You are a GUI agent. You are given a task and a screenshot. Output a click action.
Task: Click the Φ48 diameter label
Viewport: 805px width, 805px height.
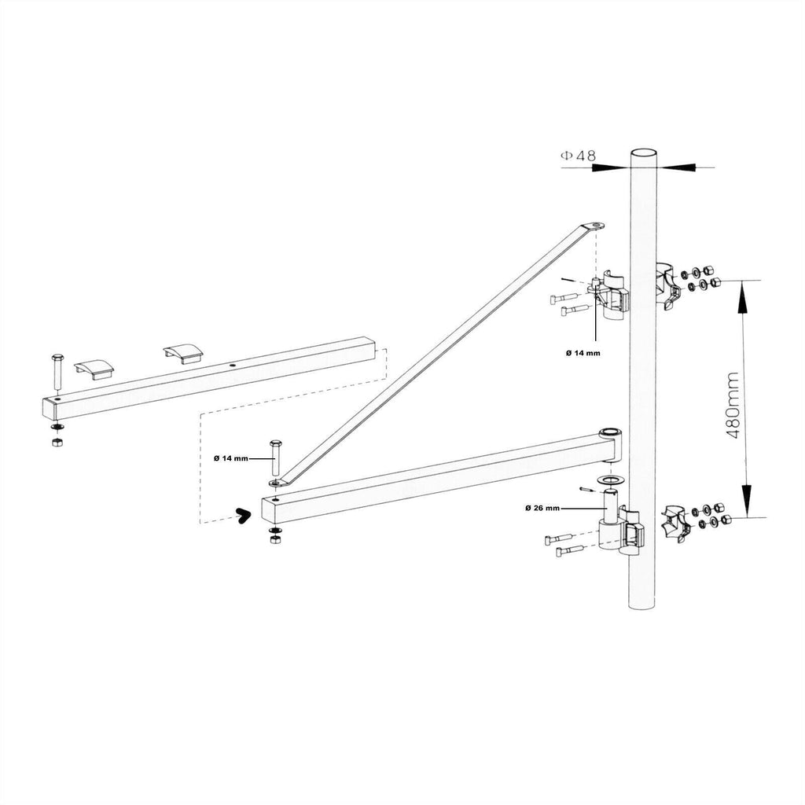pos(578,156)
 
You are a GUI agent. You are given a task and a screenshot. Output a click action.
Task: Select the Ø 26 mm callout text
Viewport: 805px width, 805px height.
pos(542,509)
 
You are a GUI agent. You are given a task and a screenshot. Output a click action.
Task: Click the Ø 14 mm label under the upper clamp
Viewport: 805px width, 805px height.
pos(583,353)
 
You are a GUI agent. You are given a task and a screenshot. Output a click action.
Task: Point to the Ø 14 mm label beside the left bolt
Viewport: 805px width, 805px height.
pos(230,458)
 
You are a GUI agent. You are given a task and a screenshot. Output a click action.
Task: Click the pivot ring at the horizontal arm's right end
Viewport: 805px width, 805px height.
pos(609,433)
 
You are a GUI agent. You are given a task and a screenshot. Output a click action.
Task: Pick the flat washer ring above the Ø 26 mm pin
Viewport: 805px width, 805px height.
pos(608,480)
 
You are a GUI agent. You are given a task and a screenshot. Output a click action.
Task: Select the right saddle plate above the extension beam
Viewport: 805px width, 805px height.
pos(182,353)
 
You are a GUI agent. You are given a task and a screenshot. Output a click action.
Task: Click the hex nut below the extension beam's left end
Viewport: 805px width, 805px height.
pos(57,443)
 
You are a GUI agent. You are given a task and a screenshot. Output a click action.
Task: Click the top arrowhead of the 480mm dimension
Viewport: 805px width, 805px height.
pos(744,292)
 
